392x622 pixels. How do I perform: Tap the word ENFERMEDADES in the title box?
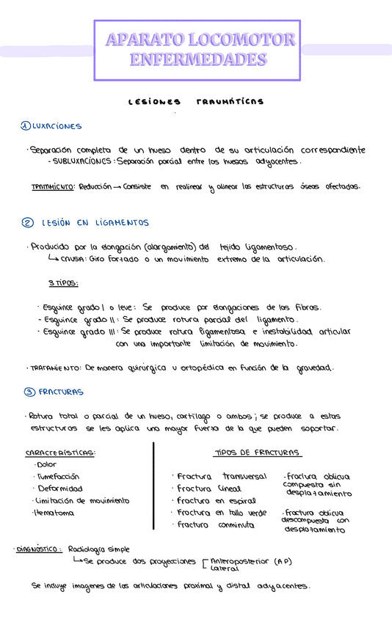pos(198,59)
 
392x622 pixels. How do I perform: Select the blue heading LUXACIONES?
pos(57,126)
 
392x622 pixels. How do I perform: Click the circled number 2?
pos(27,223)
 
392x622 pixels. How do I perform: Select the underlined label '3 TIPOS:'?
pos(63,283)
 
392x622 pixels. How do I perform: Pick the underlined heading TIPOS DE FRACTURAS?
pos(257,453)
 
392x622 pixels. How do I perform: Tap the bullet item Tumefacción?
pos(59,476)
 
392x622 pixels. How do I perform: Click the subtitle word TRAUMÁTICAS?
pos(230,101)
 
